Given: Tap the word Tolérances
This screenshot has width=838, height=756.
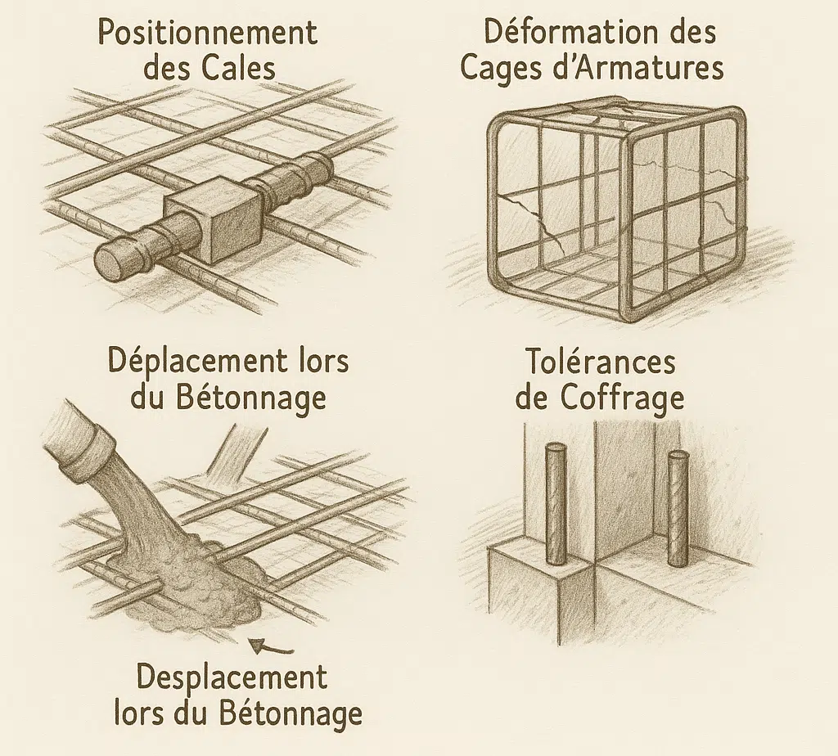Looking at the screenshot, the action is point(601,362).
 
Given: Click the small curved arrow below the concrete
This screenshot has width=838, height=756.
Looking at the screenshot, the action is point(272,647).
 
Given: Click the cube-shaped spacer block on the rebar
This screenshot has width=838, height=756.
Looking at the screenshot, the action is point(214,221).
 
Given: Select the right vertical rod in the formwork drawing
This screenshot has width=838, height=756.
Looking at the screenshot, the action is point(678,508).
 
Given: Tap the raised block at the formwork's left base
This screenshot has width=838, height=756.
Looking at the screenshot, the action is point(541,584).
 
